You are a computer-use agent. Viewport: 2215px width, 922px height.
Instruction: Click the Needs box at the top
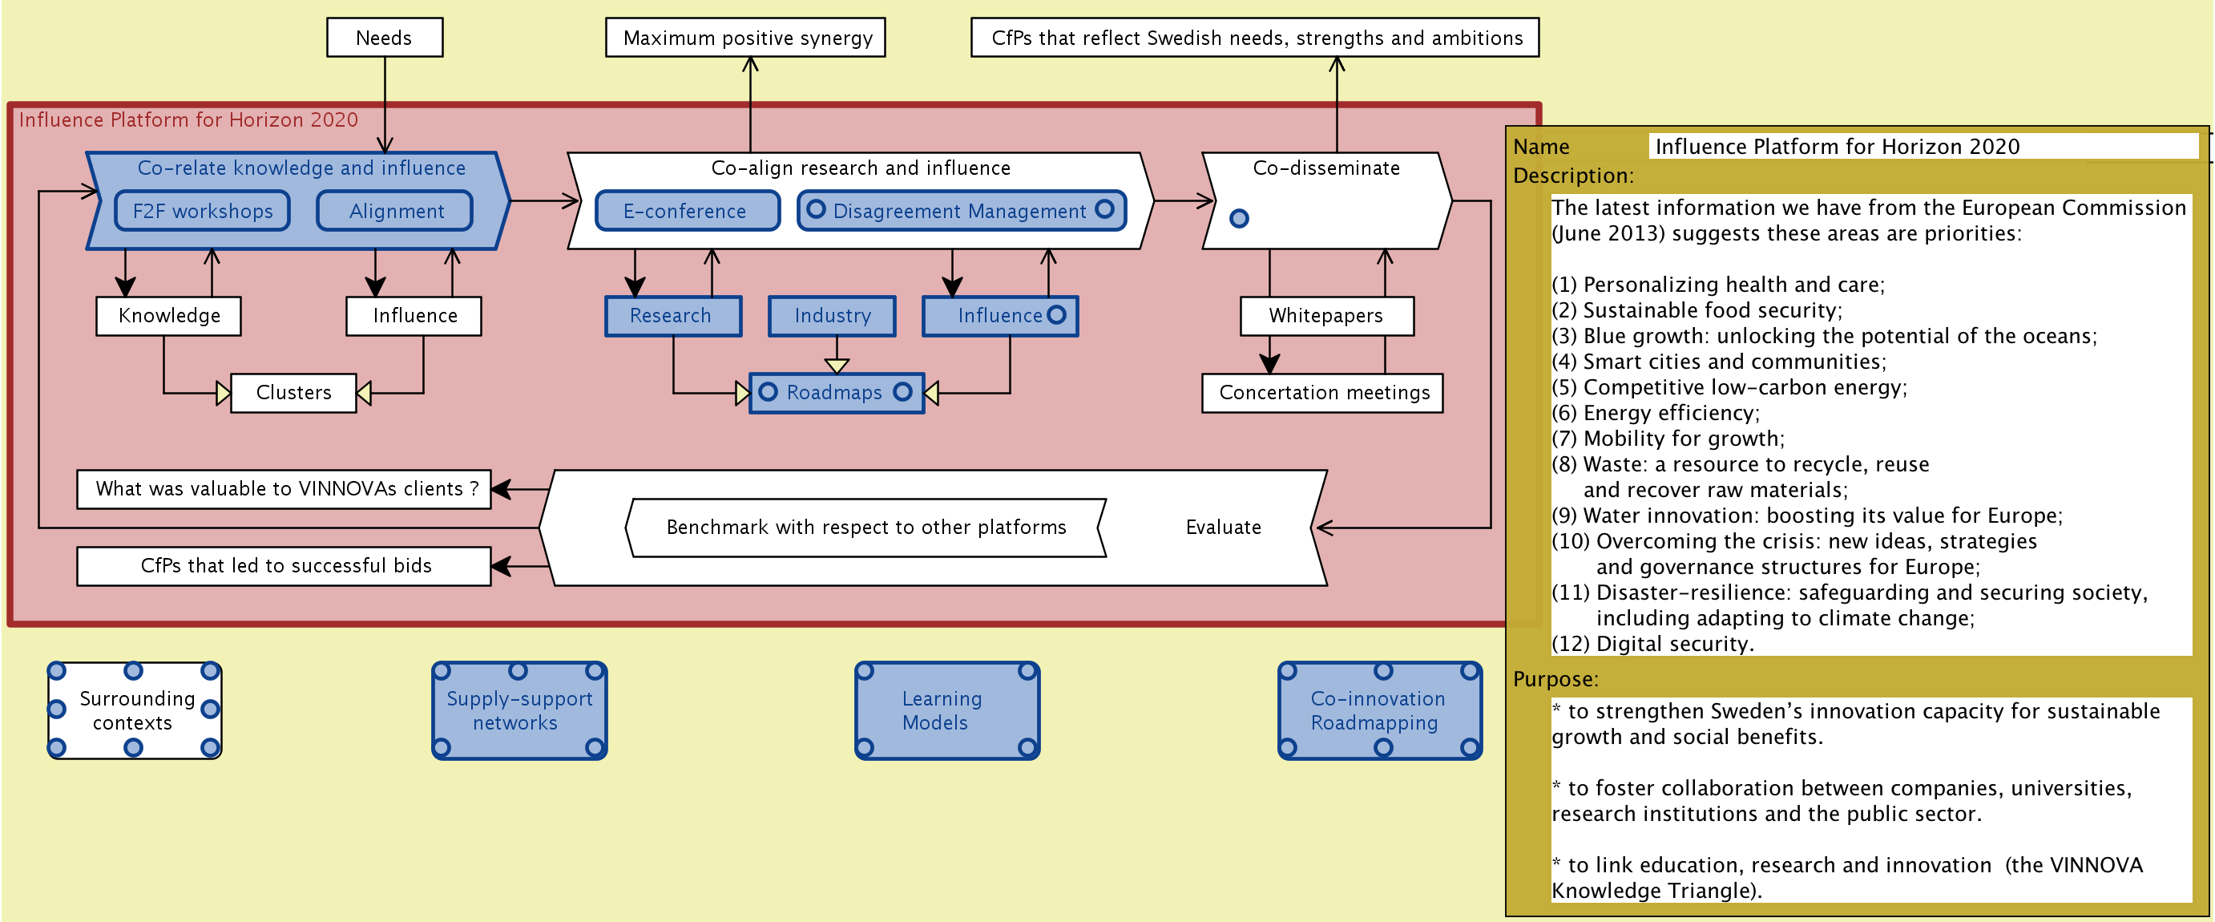coord(385,38)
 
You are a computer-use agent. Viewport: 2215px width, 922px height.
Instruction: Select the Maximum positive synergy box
coord(745,38)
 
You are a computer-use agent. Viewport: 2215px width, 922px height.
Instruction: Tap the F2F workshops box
coord(202,212)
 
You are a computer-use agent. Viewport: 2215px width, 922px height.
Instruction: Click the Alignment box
coord(396,212)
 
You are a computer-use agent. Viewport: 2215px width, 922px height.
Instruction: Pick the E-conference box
coord(686,212)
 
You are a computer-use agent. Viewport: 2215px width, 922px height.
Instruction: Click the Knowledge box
coord(168,316)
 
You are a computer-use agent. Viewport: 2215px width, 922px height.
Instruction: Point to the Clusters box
coord(293,393)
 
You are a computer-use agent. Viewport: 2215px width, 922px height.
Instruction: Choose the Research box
coord(672,316)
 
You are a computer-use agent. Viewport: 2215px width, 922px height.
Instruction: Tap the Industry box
coord(832,316)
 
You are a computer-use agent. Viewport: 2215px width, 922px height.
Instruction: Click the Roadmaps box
coord(836,393)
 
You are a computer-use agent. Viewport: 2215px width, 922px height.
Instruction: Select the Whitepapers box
coord(1326,316)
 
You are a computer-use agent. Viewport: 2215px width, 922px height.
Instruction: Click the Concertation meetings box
coord(1322,393)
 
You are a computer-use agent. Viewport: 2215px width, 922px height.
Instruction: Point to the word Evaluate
coord(1223,528)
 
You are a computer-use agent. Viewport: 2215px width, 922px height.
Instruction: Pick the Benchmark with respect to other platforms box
coord(865,528)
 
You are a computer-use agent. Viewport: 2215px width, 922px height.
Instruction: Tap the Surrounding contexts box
coord(135,710)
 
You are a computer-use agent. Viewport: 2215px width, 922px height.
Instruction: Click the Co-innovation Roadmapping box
coord(1379,710)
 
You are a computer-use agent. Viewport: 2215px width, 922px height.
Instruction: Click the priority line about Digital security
coord(1652,643)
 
